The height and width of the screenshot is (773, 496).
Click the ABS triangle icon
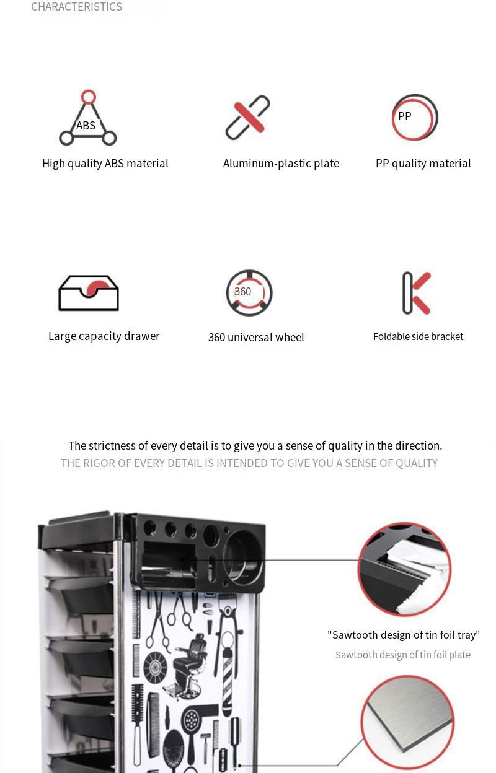(88, 119)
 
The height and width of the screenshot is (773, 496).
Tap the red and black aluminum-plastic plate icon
(247, 117)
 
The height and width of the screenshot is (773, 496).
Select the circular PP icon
(414, 117)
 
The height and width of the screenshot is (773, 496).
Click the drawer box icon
(88, 293)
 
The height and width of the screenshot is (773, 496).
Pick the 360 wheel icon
(249, 292)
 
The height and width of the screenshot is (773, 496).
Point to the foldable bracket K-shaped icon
(417, 293)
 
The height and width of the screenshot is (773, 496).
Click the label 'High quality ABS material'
(105, 163)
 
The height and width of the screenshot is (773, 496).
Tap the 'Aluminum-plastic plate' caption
(281, 163)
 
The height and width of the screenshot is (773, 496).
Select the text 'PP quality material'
(423, 163)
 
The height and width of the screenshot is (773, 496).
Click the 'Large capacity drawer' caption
(104, 336)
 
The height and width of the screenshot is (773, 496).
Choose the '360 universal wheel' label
(256, 337)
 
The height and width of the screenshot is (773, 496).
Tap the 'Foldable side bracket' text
(418, 336)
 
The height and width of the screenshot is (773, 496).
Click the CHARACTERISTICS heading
(76, 7)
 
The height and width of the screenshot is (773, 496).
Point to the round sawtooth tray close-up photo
(404, 569)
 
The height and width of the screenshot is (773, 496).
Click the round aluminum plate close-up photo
(407, 722)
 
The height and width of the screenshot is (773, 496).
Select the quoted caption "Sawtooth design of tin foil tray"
(404, 634)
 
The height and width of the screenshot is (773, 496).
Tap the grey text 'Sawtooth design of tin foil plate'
(403, 655)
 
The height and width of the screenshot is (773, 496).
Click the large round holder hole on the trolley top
(242, 556)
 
